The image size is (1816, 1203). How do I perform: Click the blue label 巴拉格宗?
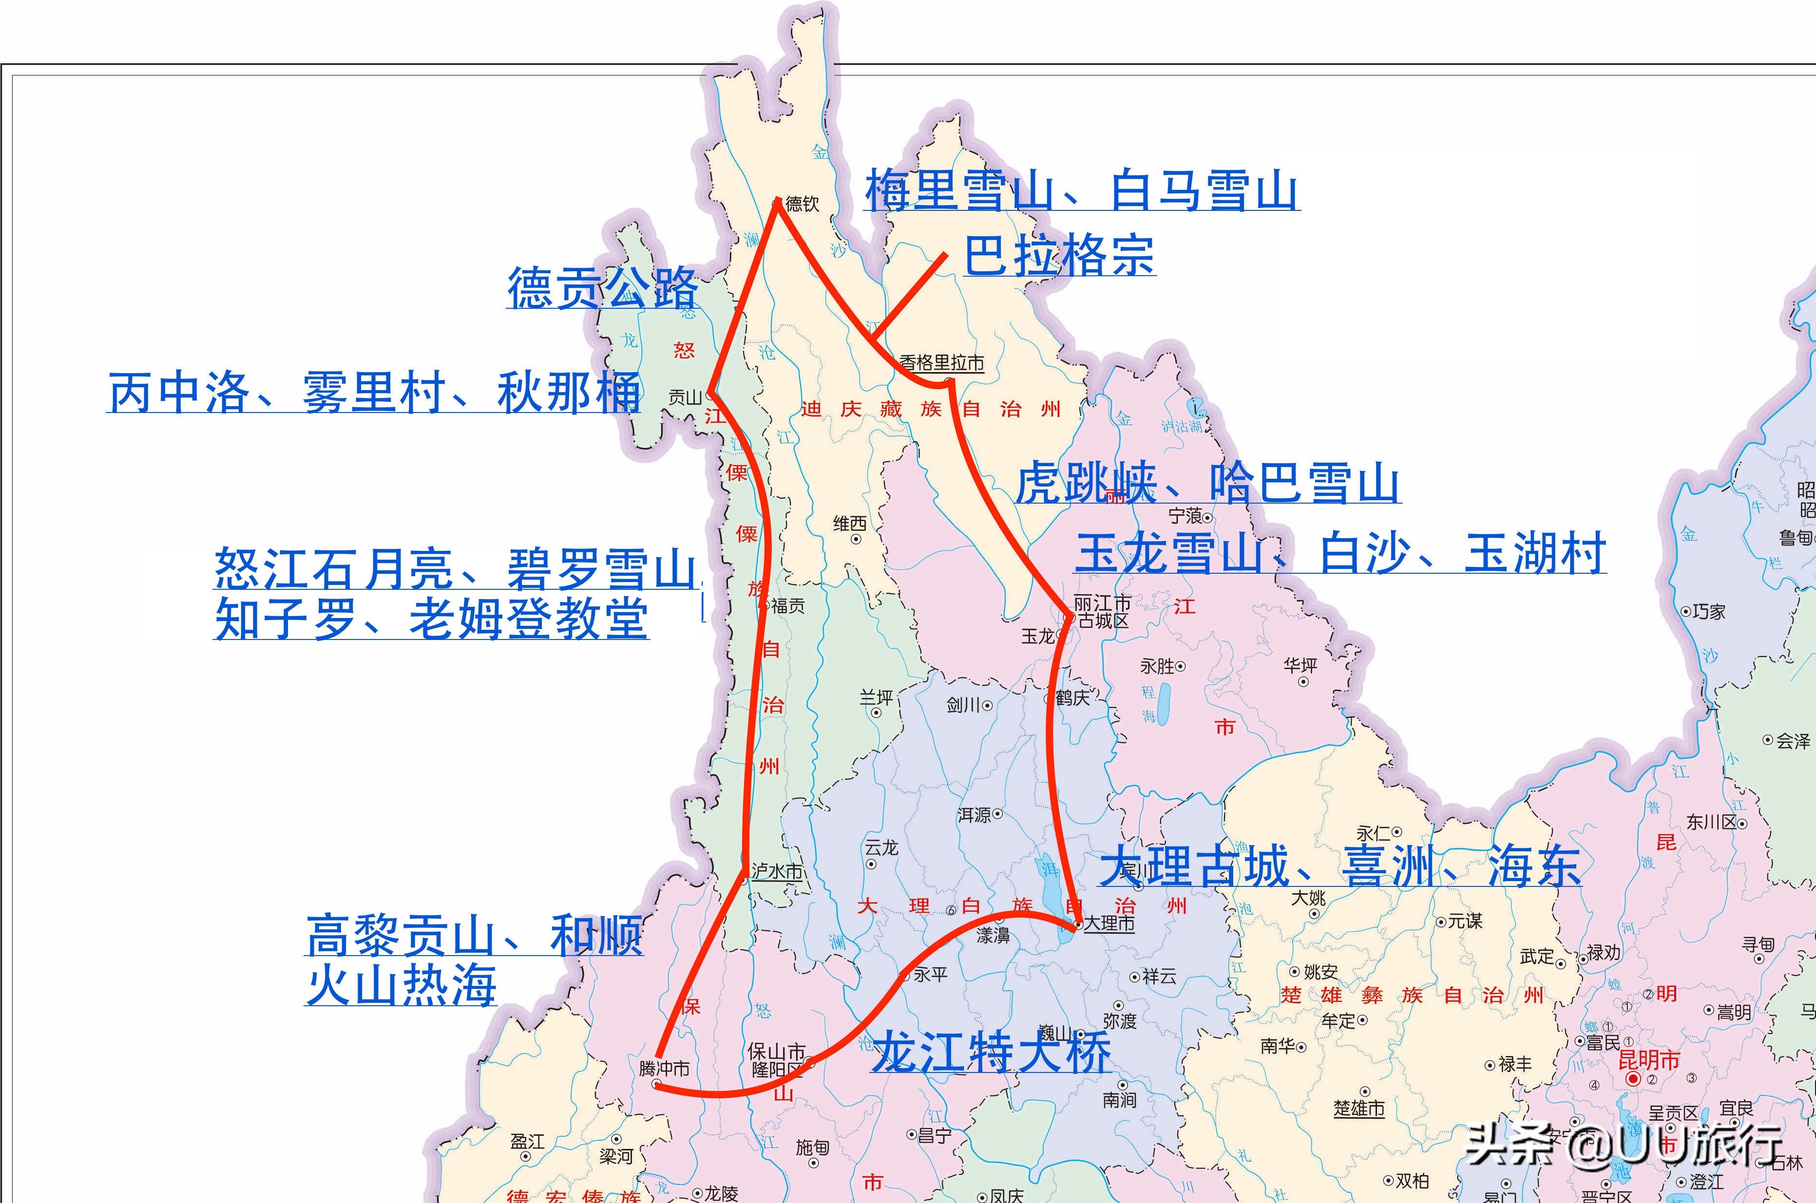click(x=1059, y=256)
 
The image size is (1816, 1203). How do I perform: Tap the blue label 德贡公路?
click(x=603, y=288)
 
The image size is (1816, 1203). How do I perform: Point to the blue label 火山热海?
click(x=401, y=985)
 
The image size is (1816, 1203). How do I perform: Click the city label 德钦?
click(x=802, y=204)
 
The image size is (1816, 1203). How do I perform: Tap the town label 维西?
click(x=850, y=524)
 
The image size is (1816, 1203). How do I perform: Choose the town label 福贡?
click(x=787, y=606)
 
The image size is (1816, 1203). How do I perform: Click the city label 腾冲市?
click(x=664, y=1068)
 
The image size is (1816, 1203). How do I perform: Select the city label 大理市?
click(x=1109, y=924)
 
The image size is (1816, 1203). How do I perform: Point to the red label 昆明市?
click(x=1649, y=1061)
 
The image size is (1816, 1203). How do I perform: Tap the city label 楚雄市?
click(x=1358, y=1109)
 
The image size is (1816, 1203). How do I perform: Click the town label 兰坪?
click(x=876, y=697)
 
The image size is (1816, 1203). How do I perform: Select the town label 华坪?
click(x=1300, y=665)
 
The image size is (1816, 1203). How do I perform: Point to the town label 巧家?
click(x=1708, y=611)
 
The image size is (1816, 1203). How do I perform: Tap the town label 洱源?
click(x=975, y=815)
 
